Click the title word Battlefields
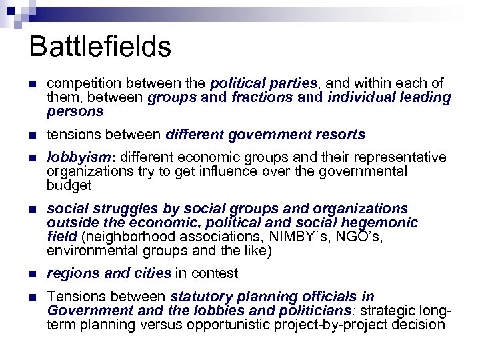click(100, 47)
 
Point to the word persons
click(75, 111)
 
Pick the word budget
click(69, 185)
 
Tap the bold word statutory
click(202, 297)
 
